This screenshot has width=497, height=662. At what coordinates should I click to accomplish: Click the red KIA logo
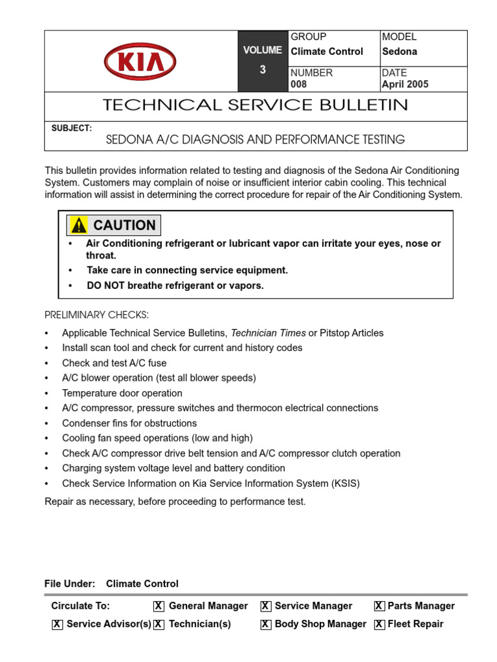pos(140,61)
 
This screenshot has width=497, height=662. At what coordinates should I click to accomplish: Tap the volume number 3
pos(263,70)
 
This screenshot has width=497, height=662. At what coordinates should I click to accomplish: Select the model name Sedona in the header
pos(399,52)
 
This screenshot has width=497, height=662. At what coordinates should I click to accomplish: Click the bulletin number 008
pos(299,84)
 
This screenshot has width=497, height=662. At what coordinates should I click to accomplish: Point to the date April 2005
pos(405,84)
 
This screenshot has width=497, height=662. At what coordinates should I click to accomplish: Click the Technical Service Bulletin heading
pos(256,105)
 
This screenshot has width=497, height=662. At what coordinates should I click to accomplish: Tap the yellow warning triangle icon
pos(79,226)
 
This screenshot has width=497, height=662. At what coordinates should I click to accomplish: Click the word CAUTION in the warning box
pos(124,226)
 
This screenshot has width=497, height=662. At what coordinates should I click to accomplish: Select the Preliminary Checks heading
pos(96,315)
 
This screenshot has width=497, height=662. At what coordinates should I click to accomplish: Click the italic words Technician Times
pos(268,333)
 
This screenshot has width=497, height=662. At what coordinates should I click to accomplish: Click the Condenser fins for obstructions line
pos(129,423)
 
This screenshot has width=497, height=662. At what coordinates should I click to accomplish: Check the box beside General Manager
pos(159,606)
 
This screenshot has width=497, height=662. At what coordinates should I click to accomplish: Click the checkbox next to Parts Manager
pos(379,606)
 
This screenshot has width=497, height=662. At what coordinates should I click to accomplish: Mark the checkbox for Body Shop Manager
pos(265,625)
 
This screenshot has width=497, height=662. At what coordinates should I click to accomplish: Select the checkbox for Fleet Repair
pos(379,625)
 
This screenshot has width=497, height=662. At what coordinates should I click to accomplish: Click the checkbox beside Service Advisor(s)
pos(57,625)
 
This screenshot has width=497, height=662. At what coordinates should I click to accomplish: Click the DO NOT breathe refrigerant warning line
pos(175,286)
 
